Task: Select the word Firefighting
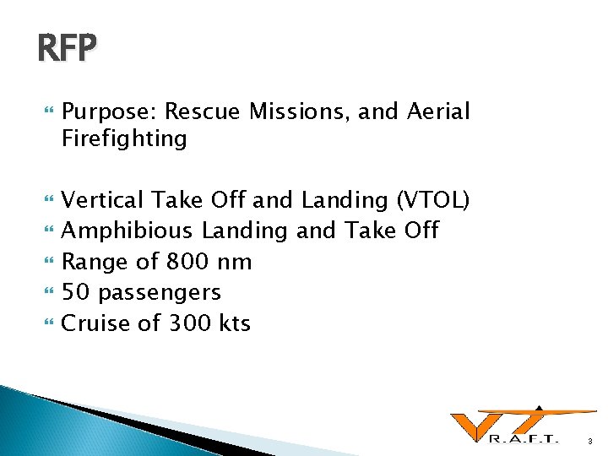124,138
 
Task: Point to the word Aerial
437,111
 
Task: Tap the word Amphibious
128,231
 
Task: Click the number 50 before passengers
78,292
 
